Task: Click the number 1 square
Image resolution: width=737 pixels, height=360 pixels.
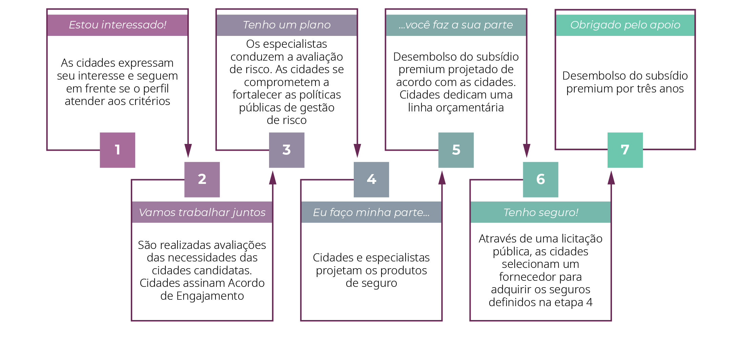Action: click(117, 150)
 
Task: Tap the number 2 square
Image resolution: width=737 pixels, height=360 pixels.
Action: click(202, 179)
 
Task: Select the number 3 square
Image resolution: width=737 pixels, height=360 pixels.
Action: click(287, 150)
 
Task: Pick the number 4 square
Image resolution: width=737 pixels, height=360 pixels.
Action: click(371, 179)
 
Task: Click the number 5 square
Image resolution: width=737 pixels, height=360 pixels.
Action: click(456, 150)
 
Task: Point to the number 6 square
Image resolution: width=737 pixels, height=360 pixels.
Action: click(540, 179)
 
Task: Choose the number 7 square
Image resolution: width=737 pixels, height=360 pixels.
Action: click(625, 150)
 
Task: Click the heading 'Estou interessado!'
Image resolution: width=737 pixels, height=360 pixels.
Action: click(118, 25)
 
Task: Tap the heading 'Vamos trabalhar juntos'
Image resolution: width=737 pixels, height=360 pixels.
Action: click(202, 213)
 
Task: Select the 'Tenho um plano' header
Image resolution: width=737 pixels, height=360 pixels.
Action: click(287, 25)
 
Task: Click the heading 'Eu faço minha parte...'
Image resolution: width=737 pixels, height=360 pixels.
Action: click(371, 213)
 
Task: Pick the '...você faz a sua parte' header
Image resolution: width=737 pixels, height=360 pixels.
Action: click(456, 25)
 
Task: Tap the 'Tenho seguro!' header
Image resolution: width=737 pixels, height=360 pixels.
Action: click(541, 213)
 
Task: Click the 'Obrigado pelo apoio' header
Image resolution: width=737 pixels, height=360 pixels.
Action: click(625, 25)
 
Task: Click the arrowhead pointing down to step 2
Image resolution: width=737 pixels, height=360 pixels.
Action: click(188, 151)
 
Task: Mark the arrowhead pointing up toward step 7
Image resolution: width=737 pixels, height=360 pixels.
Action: click(611, 177)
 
